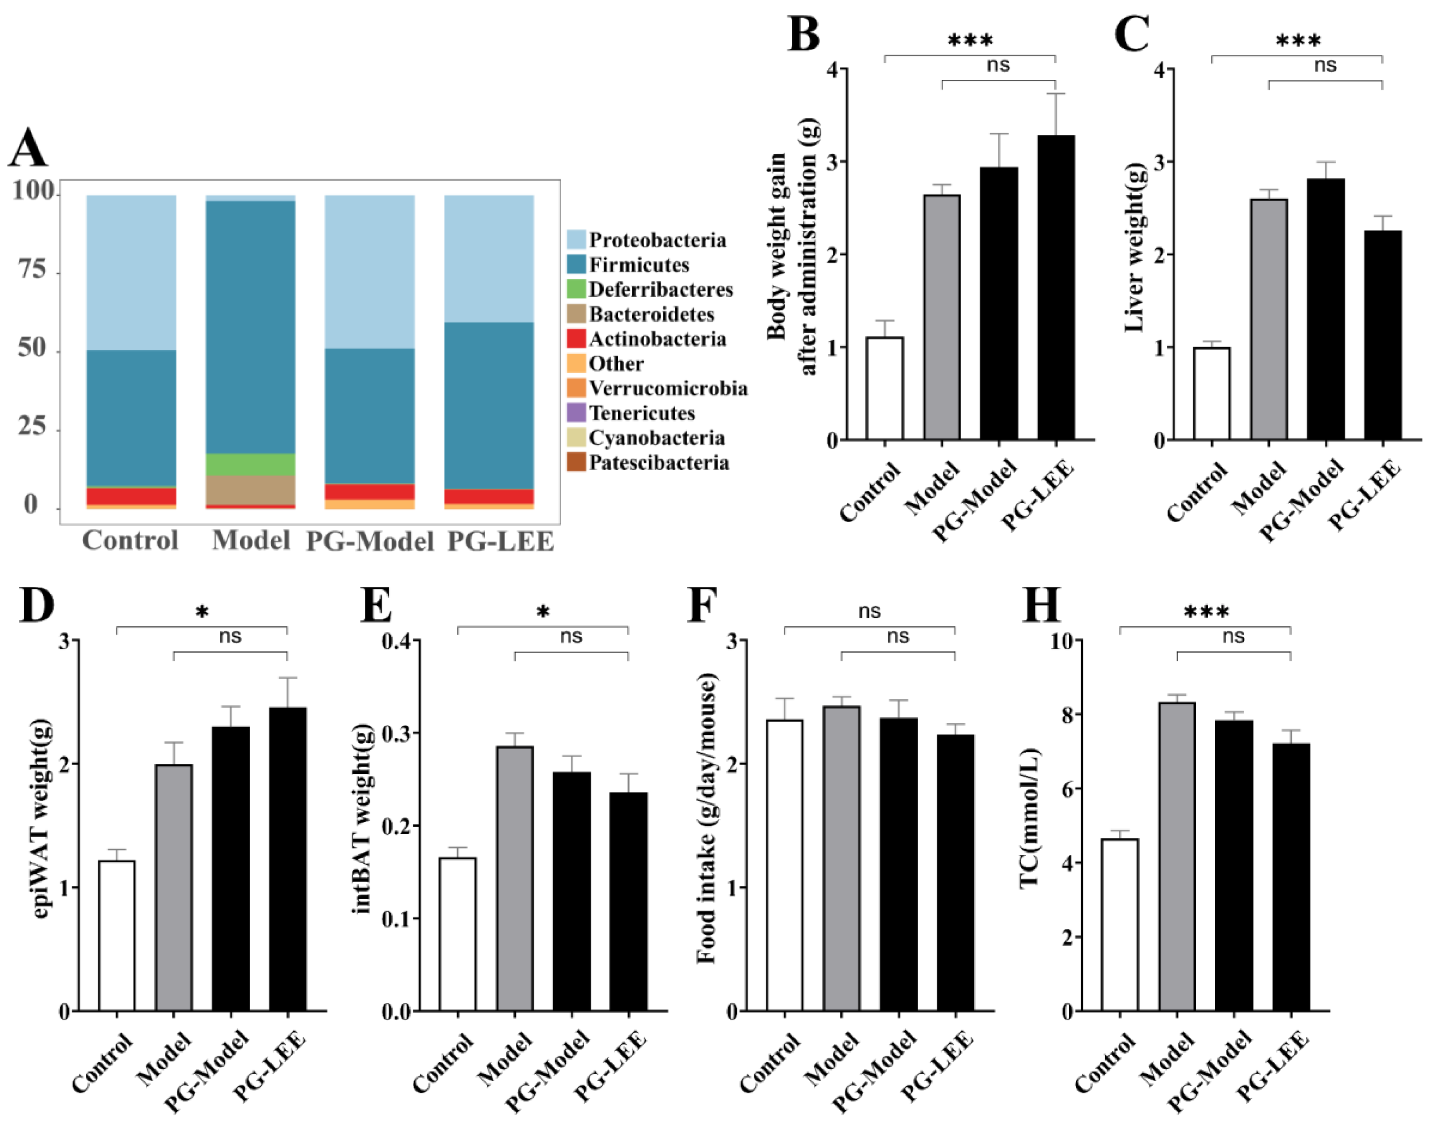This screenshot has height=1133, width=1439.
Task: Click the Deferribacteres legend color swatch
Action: [x=576, y=289]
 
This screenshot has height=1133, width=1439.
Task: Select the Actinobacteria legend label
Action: [x=657, y=339]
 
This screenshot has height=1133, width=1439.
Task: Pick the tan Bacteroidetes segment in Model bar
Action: [x=250, y=490]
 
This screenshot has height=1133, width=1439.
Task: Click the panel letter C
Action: [x=1131, y=34]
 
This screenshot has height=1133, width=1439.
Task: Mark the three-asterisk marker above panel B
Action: [x=970, y=41]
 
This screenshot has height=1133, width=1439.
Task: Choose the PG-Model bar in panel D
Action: [x=231, y=868]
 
